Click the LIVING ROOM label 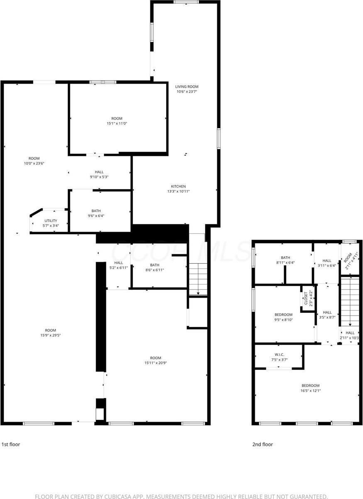pyautogui.click(x=186, y=86)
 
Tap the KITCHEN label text pyautogui.click(x=179, y=186)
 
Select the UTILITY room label pyautogui.click(x=50, y=220)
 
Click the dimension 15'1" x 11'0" pyautogui.click(x=117, y=124)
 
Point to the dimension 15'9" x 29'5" pyautogui.click(x=51, y=335)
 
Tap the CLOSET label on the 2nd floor pyautogui.click(x=306, y=298)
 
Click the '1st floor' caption pyautogui.click(x=11, y=444)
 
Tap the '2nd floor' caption pyautogui.click(x=262, y=444)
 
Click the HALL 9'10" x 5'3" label pyautogui.click(x=99, y=172)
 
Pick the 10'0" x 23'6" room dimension pyautogui.click(x=34, y=163)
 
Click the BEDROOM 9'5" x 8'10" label pyautogui.click(x=284, y=314)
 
